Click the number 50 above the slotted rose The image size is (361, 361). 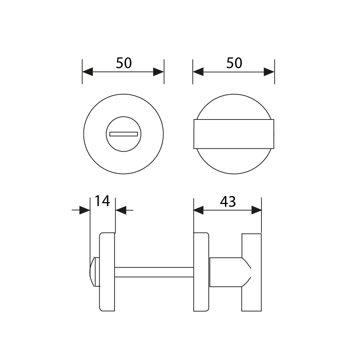[124, 63]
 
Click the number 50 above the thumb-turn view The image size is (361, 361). [234, 63]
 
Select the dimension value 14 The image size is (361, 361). [102, 201]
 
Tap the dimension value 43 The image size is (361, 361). [228, 202]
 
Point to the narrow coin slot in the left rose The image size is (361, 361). [123, 134]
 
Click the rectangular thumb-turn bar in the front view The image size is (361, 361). [234, 134]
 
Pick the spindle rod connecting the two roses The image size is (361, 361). [154, 272]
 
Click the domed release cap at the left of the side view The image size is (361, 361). [92, 272]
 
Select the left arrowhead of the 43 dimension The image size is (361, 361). [199, 210]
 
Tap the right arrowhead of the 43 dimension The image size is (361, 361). [256, 210]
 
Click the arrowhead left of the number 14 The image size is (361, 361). [84, 210]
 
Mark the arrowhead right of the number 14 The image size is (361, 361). [121, 210]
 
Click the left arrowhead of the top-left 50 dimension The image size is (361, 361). [88, 72]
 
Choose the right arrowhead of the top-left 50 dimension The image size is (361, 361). [158, 72]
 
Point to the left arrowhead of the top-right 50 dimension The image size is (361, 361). [198, 72]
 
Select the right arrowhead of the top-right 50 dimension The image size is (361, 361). [269, 72]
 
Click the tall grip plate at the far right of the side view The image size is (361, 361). [251, 272]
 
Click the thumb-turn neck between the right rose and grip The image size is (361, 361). [226, 272]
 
